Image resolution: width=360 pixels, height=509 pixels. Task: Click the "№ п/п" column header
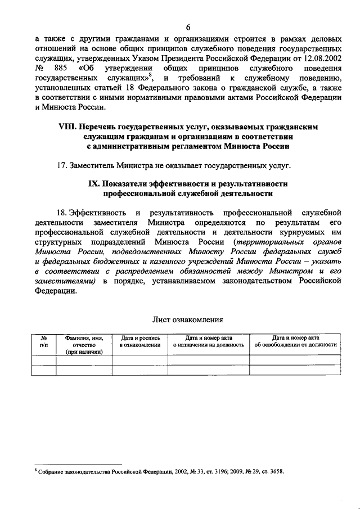43,341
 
